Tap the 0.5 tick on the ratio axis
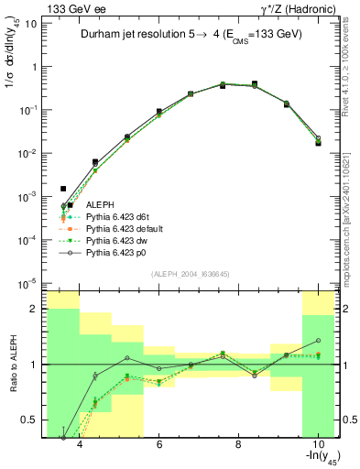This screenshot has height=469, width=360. coord(31,420)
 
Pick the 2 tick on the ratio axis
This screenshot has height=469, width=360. coord(35,309)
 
